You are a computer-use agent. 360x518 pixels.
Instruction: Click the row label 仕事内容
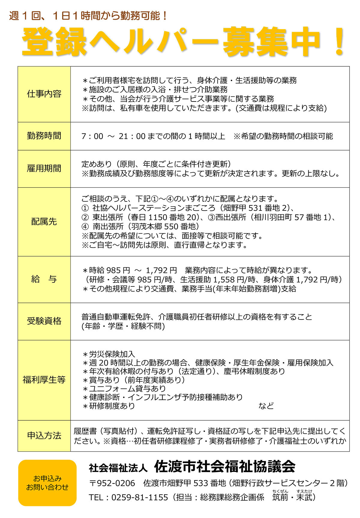pyautogui.click(x=44, y=94)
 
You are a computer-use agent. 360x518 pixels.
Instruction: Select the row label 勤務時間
pyautogui.click(x=44, y=136)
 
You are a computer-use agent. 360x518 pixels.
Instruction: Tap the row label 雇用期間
pyautogui.click(x=44, y=168)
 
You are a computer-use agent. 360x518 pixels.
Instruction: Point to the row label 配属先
pyautogui.click(x=44, y=222)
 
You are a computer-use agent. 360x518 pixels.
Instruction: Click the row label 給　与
pyautogui.click(x=44, y=279)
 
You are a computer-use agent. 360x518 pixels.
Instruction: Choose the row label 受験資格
pyautogui.click(x=44, y=321)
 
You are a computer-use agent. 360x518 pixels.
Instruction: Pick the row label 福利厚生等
pyautogui.click(x=44, y=380)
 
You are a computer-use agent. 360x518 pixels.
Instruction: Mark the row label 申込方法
pyautogui.click(x=44, y=435)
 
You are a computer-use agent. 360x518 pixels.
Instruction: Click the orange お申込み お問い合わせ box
pyautogui.click(x=47, y=483)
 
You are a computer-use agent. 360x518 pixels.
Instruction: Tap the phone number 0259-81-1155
pyautogui.click(x=139, y=498)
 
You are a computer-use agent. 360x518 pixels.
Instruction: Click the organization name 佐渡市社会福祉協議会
pyautogui.click(x=225, y=466)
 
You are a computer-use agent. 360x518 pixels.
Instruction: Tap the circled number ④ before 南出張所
pyautogui.click(x=85, y=226)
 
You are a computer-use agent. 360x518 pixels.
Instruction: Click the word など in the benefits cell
pyautogui.click(x=266, y=406)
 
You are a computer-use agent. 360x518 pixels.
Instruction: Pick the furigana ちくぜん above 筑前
pyautogui.click(x=280, y=491)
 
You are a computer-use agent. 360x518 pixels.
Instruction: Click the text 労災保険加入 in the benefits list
pyautogui.click(x=112, y=354)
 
